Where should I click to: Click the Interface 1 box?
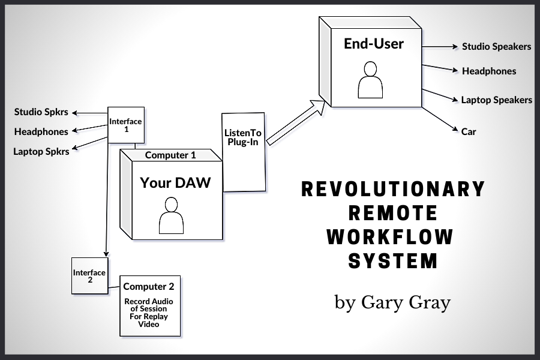[x=126, y=125]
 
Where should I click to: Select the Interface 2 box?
[x=89, y=276]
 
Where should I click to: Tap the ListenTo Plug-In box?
[x=243, y=152]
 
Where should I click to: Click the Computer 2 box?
[x=150, y=305]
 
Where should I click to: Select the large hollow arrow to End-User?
[x=296, y=124]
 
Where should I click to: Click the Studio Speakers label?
[x=496, y=46]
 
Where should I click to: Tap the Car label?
[x=469, y=131]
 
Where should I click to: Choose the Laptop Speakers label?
[x=496, y=100]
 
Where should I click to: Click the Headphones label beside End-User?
[x=488, y=71]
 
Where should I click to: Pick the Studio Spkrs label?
[x=41, y=112]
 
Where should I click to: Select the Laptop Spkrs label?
[x=41, y=151]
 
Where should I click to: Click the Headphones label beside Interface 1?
[x=41, y=131]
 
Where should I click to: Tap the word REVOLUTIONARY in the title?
[x=393, y=189]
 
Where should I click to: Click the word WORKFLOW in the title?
[x=390, y=237]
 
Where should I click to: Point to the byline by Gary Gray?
[x=392, y=301]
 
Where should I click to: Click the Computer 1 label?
[x=170, y=155]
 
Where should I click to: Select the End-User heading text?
[x=374, y=44]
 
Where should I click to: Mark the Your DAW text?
[x=175, y=182]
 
